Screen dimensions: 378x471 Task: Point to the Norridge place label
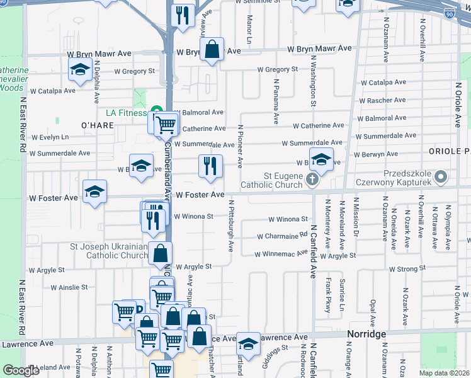click(x=366, y=334)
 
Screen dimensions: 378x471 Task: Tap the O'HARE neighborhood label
click(x=97, y=125)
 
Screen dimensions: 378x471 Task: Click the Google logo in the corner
click(x=21, y=370)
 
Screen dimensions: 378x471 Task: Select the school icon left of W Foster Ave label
click(x=94, y=192)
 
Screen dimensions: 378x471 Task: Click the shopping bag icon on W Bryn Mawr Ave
click(x=212, y=50)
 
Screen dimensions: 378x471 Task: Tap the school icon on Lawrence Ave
click(x=248, y=344)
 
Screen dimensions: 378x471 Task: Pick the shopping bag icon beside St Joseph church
click(x=161, y=254)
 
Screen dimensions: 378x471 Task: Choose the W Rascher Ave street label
click(x=382, y=100)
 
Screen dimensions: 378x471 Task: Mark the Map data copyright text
click(x=444, y=373)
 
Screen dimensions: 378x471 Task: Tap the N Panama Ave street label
click(x=276, y=101)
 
